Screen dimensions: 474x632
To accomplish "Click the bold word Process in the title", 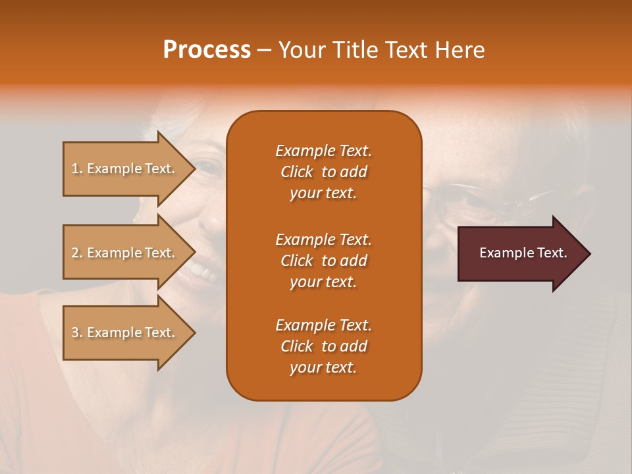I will click(207, 50).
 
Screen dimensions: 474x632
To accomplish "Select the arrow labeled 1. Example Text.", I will click(125, 169).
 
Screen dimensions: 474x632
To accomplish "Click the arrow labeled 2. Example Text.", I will click(125, 253).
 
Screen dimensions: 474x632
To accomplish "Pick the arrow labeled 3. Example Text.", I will click(125, 332).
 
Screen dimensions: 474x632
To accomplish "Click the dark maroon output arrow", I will click(520, 253).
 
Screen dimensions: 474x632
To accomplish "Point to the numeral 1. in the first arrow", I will click(77, 169).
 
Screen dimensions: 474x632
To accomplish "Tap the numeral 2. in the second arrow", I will click(77, 253).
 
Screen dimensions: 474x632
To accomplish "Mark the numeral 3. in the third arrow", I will click(77, 332).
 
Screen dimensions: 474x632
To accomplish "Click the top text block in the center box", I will click(323, 172).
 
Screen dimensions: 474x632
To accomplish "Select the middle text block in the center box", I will click(323, 261).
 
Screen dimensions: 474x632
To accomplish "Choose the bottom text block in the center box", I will click(323, 346).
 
